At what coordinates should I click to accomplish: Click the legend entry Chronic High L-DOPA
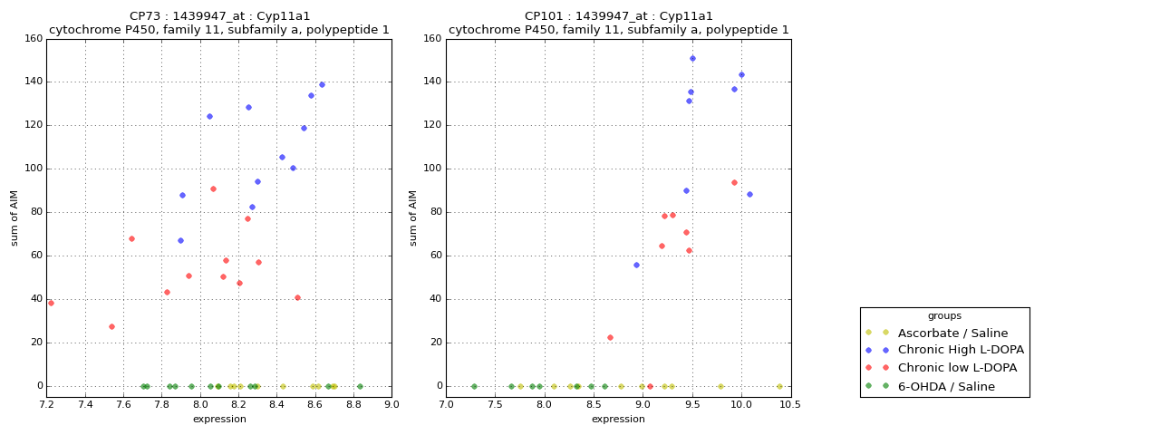coord(961,350)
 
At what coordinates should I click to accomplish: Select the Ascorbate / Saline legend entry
coord(952,333)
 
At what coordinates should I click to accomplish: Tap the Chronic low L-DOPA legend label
coord(957,368)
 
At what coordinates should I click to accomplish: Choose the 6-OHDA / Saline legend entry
coord(946,386)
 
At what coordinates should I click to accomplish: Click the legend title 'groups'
coord(944,316)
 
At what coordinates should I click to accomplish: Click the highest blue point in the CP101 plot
coord(692,58)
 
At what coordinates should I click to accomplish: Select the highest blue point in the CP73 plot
coord(322,84)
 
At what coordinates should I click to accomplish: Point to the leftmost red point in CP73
coord(51,303)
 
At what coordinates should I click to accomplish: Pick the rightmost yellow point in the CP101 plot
coord(779,386)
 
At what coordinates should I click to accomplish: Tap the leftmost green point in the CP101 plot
coord(474,386)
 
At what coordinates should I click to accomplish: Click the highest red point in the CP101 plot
coord(734,182)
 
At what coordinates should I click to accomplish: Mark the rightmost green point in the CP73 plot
coord(360,386)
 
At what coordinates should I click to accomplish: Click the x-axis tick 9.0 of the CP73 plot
coord(391,405)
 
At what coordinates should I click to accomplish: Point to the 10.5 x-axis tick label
coord(791,405)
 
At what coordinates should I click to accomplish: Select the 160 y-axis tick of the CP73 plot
coord(34,39)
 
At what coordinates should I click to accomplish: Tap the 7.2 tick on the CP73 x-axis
coord(47,405)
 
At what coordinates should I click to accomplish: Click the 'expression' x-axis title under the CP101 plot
coord(618,419)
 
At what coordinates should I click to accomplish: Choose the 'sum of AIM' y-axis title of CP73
coord(14,217)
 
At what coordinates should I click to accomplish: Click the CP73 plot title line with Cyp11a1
coord(219,16)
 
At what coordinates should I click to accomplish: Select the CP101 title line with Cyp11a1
coord(618,16)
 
